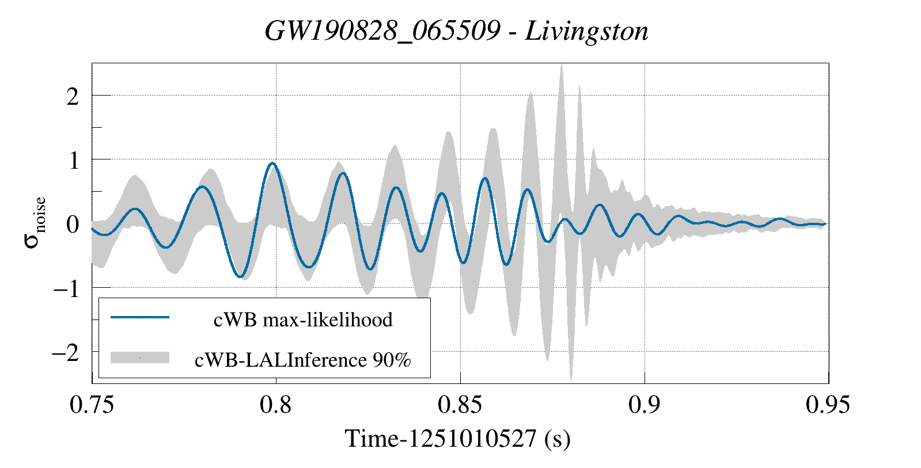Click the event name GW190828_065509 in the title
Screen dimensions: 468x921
click(382, 31)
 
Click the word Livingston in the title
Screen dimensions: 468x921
click(586, 31)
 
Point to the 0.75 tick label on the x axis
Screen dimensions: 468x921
click(92, 405)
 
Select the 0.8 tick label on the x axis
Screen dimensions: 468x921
click(276, 405)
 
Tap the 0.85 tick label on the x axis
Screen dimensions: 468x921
click(460, 405)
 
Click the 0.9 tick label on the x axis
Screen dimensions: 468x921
click(644, 405)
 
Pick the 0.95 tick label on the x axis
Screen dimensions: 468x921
click(828, 405)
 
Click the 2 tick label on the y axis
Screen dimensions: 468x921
click(72, 96)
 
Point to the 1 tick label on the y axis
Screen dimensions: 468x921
click(73, 161)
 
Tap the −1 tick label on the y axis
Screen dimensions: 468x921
click(66, 288)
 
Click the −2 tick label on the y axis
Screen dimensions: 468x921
click(66, 352)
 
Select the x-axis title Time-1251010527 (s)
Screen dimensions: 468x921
click(457, 439)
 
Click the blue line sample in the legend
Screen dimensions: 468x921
click(140, 317)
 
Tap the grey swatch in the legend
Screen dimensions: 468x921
click(140, 357)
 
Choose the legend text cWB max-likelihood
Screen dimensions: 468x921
click(303, 319)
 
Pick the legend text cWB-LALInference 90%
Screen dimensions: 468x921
click(302, 360)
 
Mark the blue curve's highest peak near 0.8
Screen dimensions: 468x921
click(273, 163)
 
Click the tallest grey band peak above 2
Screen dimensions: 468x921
click(562, 66)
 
